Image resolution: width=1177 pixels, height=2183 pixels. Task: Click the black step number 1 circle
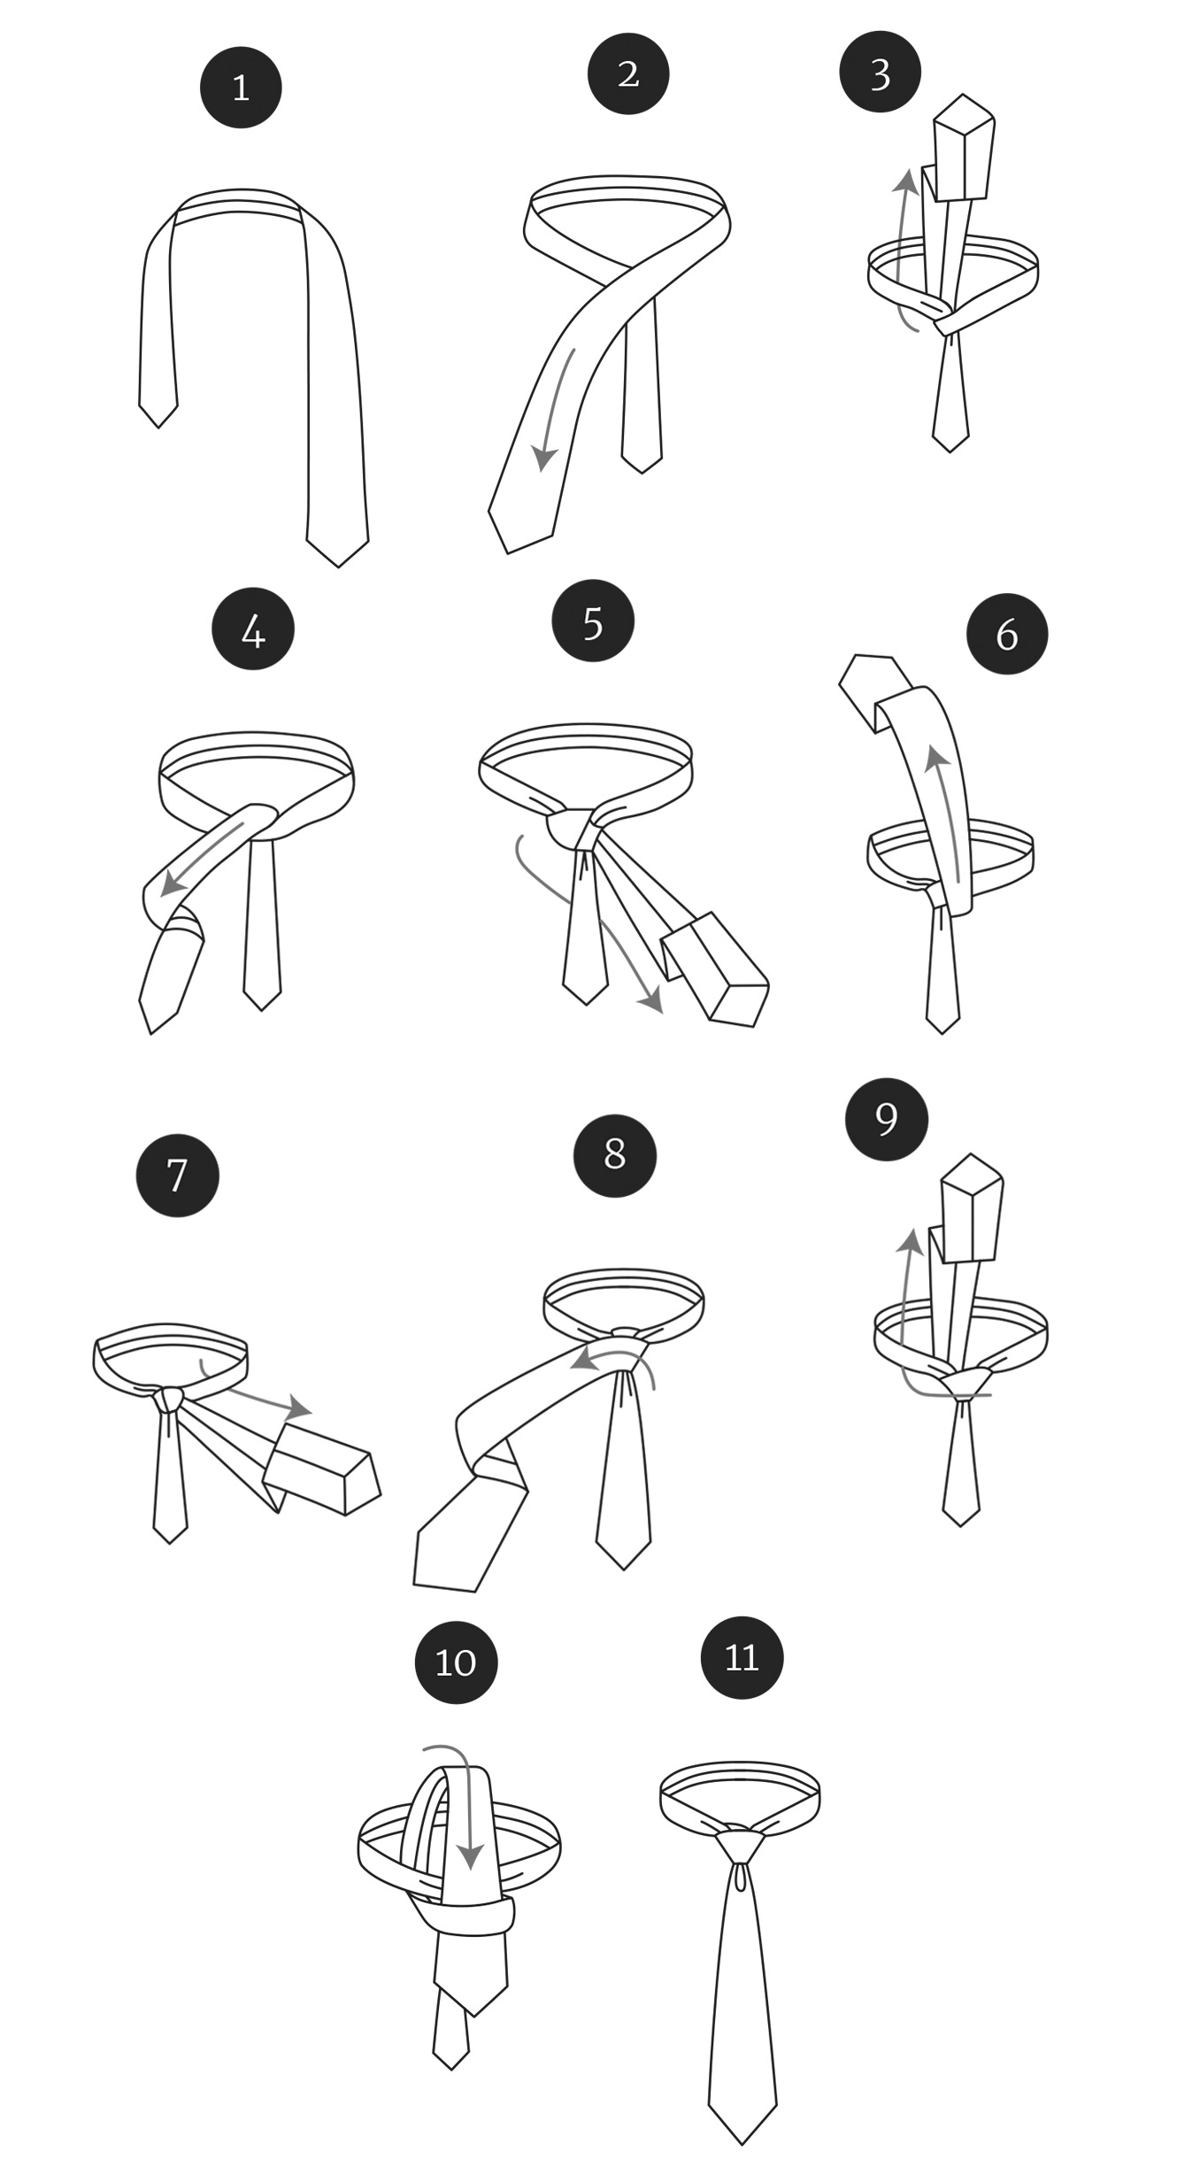(x=241, y=88)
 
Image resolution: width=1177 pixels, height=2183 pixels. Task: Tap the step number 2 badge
(x=628, y=73)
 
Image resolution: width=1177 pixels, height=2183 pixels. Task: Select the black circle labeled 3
(x=881, y=72)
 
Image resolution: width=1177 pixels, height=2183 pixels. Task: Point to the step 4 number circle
(x=253, y=629)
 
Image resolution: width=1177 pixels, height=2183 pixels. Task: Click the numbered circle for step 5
(x=593, y=621)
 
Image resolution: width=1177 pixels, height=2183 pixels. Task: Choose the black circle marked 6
(x=1007, y=633)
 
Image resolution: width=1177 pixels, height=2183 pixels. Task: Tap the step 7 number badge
(x=177, y=1175)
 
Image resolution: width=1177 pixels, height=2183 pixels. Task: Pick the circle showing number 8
(x=615, y=1155)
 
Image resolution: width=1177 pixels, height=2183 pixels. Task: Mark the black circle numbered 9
(x=887, y=1119)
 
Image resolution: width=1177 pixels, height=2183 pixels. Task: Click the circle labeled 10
(x=457, y=1662)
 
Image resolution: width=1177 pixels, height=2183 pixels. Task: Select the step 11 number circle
(x=742, y=1657)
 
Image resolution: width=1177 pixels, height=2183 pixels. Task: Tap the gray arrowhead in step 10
(x=471, y=1855)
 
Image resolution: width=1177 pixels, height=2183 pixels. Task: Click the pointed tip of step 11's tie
(x=742, y=2143)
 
